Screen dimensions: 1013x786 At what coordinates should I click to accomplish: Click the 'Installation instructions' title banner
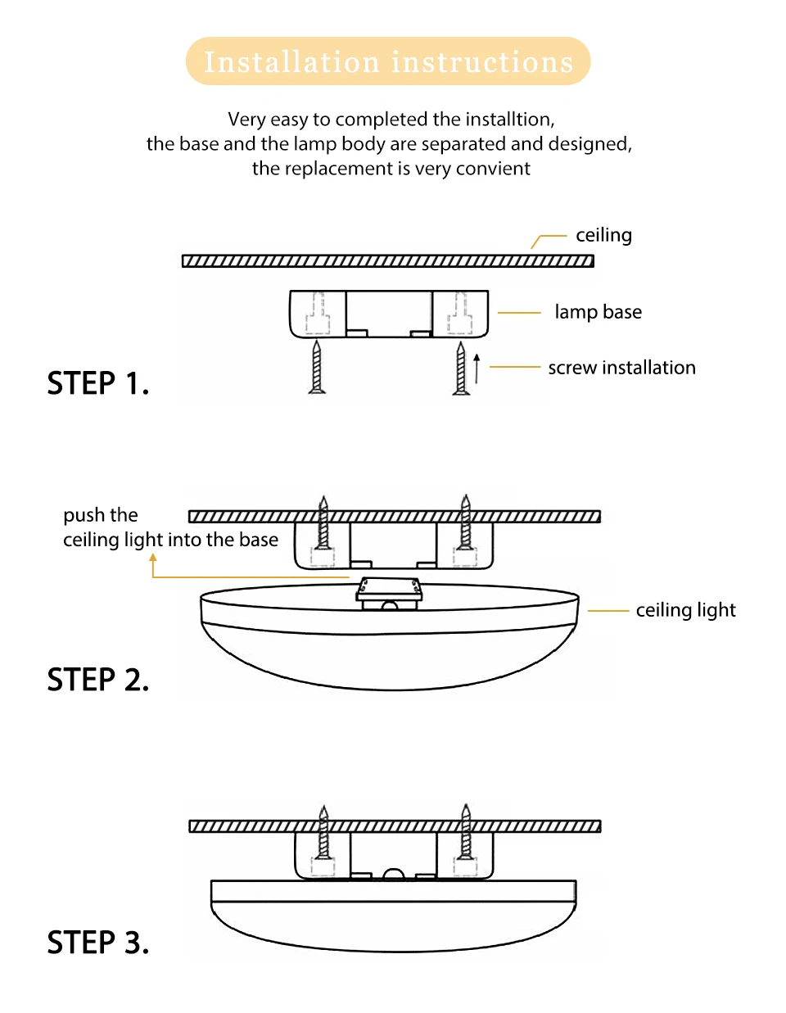click(x=388, y=61)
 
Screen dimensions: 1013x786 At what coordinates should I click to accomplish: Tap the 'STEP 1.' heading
click(x=98, y=383)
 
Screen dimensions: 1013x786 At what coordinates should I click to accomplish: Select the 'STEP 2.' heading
click(x=98, y=680)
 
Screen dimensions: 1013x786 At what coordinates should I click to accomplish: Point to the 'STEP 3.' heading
click(x=98, y=943)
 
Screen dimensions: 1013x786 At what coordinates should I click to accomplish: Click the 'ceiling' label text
click(x=603, y=236)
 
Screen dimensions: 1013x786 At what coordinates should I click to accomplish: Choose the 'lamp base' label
click(x=598, y=312)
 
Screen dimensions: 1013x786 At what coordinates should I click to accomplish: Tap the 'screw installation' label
click(x=621, y=368)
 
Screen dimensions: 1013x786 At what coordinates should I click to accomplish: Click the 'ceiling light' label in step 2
click(x=685, y=610)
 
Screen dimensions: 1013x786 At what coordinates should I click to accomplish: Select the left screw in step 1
click(x=317, y=368)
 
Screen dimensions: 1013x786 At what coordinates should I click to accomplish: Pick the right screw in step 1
click(x=461, y=369)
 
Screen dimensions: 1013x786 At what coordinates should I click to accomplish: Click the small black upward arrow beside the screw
click(x=477, y=369)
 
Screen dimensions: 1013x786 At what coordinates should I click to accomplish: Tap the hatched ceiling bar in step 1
click(x=387, y=261)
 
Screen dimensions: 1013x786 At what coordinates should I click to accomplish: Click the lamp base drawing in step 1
click(x=389, y=314)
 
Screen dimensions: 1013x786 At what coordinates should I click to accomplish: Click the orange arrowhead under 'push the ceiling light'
click(x=153, y=559)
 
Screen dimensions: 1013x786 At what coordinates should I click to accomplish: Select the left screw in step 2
click(x=323, y=524)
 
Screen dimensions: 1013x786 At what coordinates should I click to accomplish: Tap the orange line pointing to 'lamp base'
click(x=519, y=313)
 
